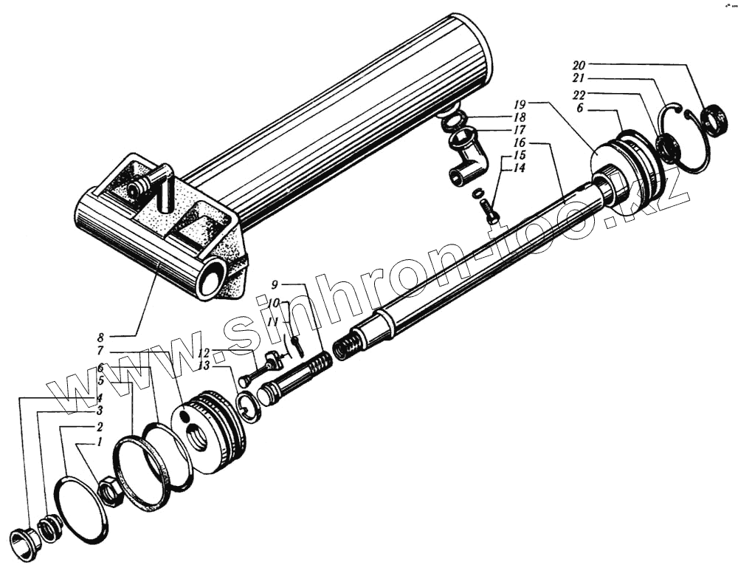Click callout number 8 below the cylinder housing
[x=100, y=338]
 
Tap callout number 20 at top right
[x=579, y=64]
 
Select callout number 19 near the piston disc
[x=520, y=104]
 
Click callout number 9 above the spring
[x=275, y=284]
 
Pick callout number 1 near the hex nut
[x=99, y=442]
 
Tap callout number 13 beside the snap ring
[x=204, y=366]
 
